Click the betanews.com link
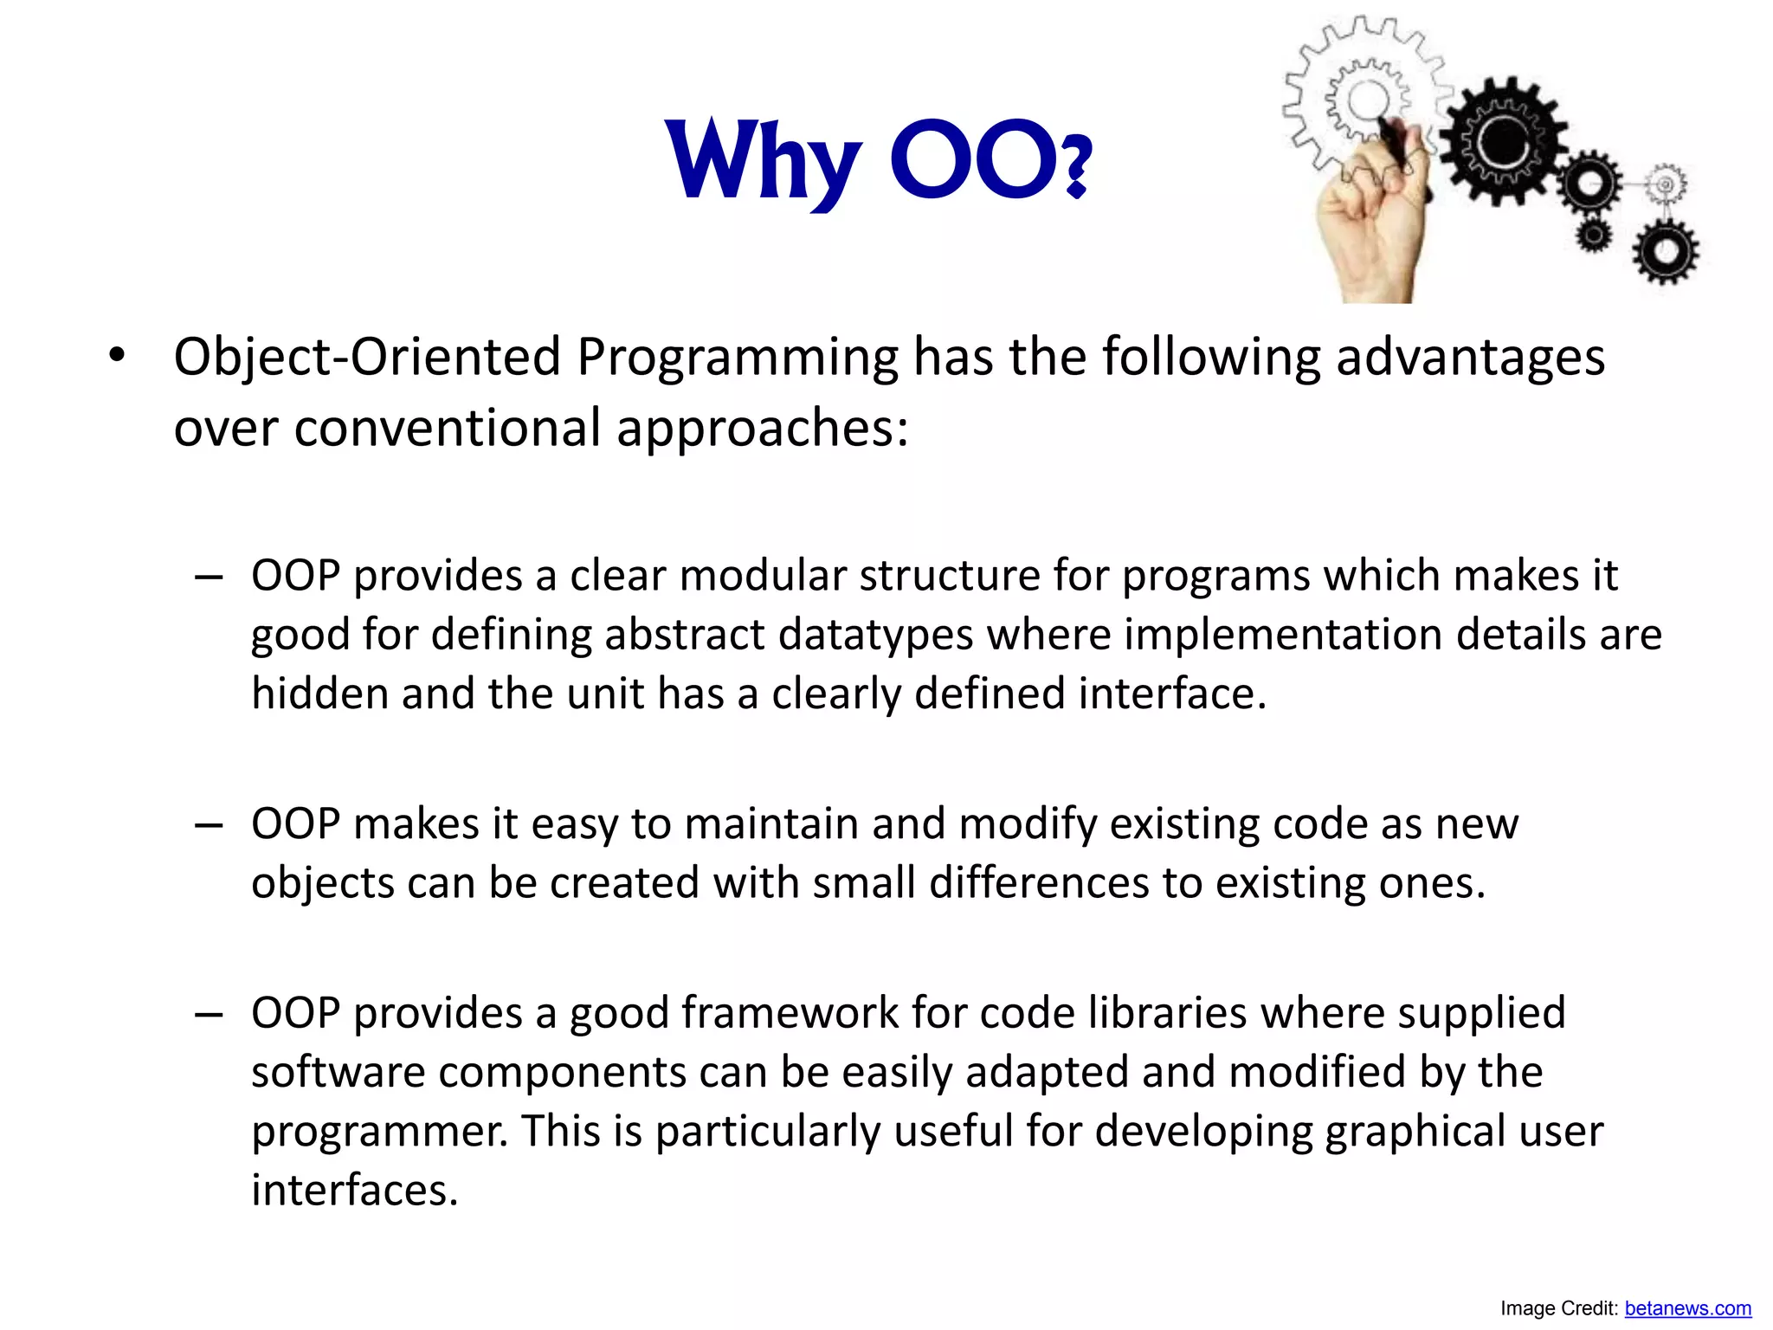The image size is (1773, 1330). [1687, 1308]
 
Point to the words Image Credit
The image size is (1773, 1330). [1558, 1308]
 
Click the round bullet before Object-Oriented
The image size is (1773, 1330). [117, 355]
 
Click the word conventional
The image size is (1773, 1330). [448, 428]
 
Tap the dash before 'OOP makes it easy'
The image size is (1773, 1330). [210, 825]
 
